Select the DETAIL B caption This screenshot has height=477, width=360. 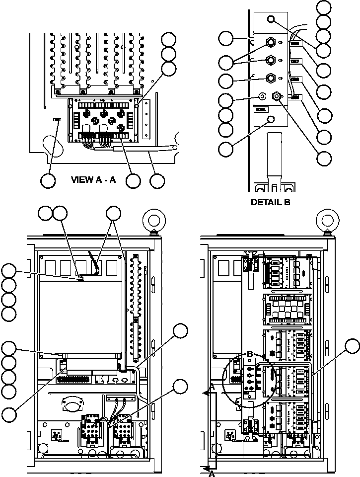point(270,202)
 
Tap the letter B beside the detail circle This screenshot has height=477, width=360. point(250,353)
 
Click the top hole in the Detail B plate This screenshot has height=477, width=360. point(271,19)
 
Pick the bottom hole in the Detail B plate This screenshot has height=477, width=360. point(271,119)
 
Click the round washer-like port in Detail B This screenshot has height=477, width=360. point(263,95)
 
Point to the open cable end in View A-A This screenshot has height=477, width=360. point(174,148)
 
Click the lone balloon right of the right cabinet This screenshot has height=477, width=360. point(353,347)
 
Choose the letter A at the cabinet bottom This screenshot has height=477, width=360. point(211,474)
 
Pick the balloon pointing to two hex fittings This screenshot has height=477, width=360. point(227,63)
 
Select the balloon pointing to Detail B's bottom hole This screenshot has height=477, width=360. point(227,148)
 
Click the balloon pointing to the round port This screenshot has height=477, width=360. point(227,100)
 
